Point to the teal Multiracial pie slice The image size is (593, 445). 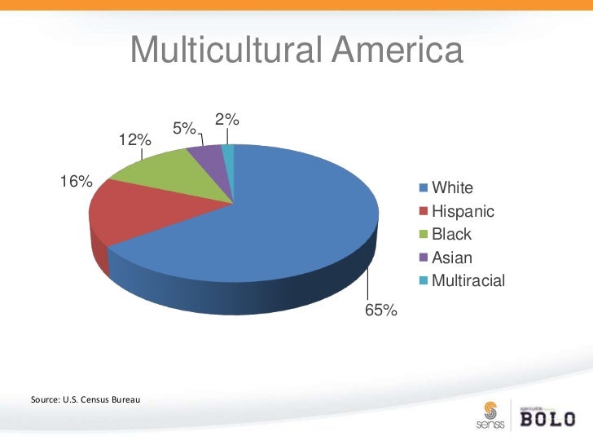point(228,151)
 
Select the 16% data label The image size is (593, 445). point(74,181)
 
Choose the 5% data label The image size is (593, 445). point(184,129)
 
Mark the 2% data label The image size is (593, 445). point(226,119)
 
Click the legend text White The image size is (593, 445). point(452,188)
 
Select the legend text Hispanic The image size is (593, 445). point(463,211)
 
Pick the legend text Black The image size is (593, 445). point(451,235)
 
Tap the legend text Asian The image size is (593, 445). point(451,258)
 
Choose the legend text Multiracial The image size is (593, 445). point(468,281)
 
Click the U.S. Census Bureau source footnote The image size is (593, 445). point(85,400)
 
